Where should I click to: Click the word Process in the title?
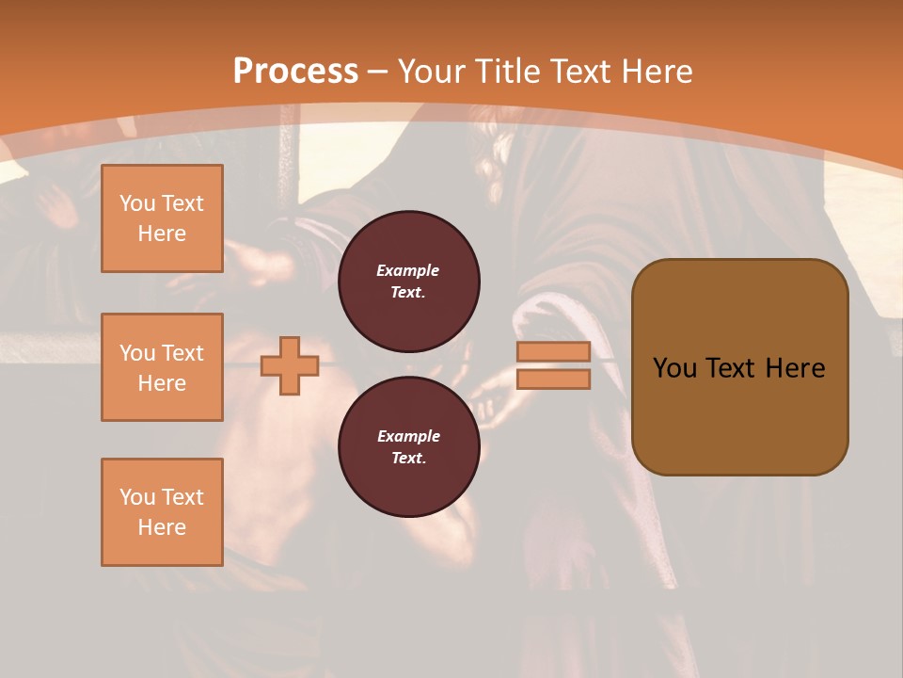click(295, 72)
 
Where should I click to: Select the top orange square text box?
click(162, 218)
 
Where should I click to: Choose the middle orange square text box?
click(162, 367)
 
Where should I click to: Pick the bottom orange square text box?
click(162, 512)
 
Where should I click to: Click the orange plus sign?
click(290, 365)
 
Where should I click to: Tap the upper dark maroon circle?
click(408, 281)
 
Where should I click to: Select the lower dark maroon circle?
click(408, 446)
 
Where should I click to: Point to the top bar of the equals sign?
click(553, 352)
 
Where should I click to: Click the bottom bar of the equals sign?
click(553, 379)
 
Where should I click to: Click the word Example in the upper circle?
click(408, 270)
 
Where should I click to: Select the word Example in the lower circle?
click(408, 436)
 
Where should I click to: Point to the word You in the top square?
click(137, 203)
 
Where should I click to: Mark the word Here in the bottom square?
click(162, 527)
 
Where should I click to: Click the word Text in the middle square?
click(182, 353)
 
